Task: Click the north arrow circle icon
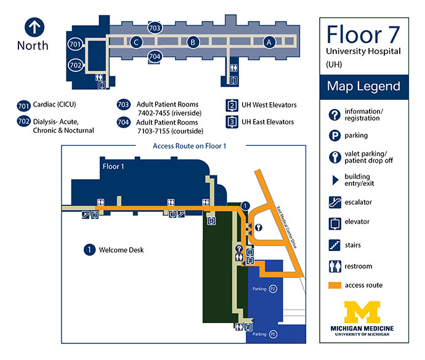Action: (34, 27)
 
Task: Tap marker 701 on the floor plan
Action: (75, 44)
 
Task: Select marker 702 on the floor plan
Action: (75, 65)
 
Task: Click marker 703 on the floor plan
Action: (155, 28)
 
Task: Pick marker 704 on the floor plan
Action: (155, 57)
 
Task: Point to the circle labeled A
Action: (269, 42)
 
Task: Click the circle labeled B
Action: (193, 42)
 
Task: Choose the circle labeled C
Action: (136, 42)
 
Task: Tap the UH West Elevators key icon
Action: (232, 105)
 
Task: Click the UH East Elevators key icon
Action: (232, 122)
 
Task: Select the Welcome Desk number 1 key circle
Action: (89, 250)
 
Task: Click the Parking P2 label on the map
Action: (264, 289)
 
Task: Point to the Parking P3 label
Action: (264, 334)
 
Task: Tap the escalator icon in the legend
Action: (334, 202)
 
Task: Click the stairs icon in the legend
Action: (334, 245)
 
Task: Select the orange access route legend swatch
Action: (334, 286)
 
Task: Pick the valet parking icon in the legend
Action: (334, 157)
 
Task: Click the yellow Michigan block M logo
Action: (362, 312)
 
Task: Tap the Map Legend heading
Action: (364, 86)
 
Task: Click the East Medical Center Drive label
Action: (286, 228)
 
